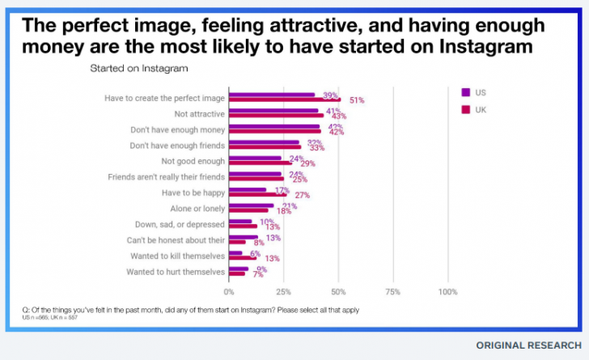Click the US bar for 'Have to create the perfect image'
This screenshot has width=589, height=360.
click(x=272, y=95)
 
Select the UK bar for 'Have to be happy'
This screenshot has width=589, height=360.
click(x=258, y=195)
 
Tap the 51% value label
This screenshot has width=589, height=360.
click(x=357, y=100)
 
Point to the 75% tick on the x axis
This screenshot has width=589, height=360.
click(x=392, y=291)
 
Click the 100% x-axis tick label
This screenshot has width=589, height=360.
click(x=447, y=291)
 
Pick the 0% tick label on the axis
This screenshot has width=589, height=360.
click(x=229, y=291)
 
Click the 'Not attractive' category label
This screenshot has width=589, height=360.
click(x=201, y=114)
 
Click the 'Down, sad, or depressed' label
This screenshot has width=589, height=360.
click(x=178, y=224)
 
